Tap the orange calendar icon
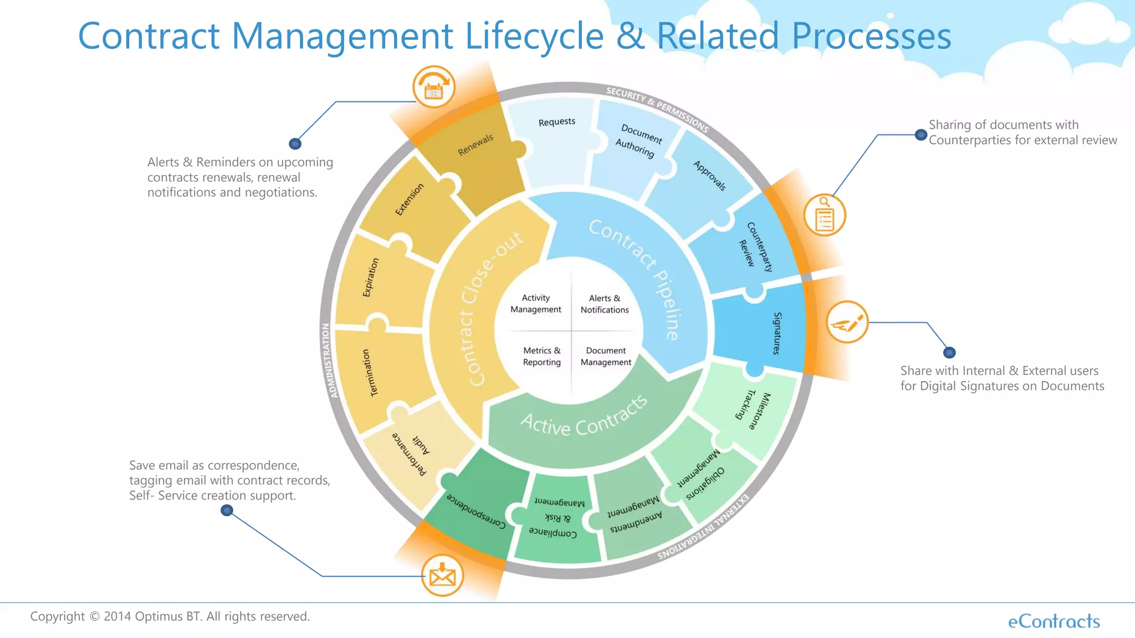click(x=433, y=88)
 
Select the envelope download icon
click(x=442, y=575)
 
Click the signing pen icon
click(x=847, y=322)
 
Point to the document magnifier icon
click(x=825, y=215)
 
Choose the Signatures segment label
click(x=777, y=333)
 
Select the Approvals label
click(x=709, y=176)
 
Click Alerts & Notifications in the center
click(x=605, y=304)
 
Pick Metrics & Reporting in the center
click(x=541, y=356)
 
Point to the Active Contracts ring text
click(x=583, y=419)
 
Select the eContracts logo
click(x=1054, y=621)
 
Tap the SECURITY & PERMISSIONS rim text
click(x=657, y=109)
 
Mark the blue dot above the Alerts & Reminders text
click(x=295, y=144)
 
